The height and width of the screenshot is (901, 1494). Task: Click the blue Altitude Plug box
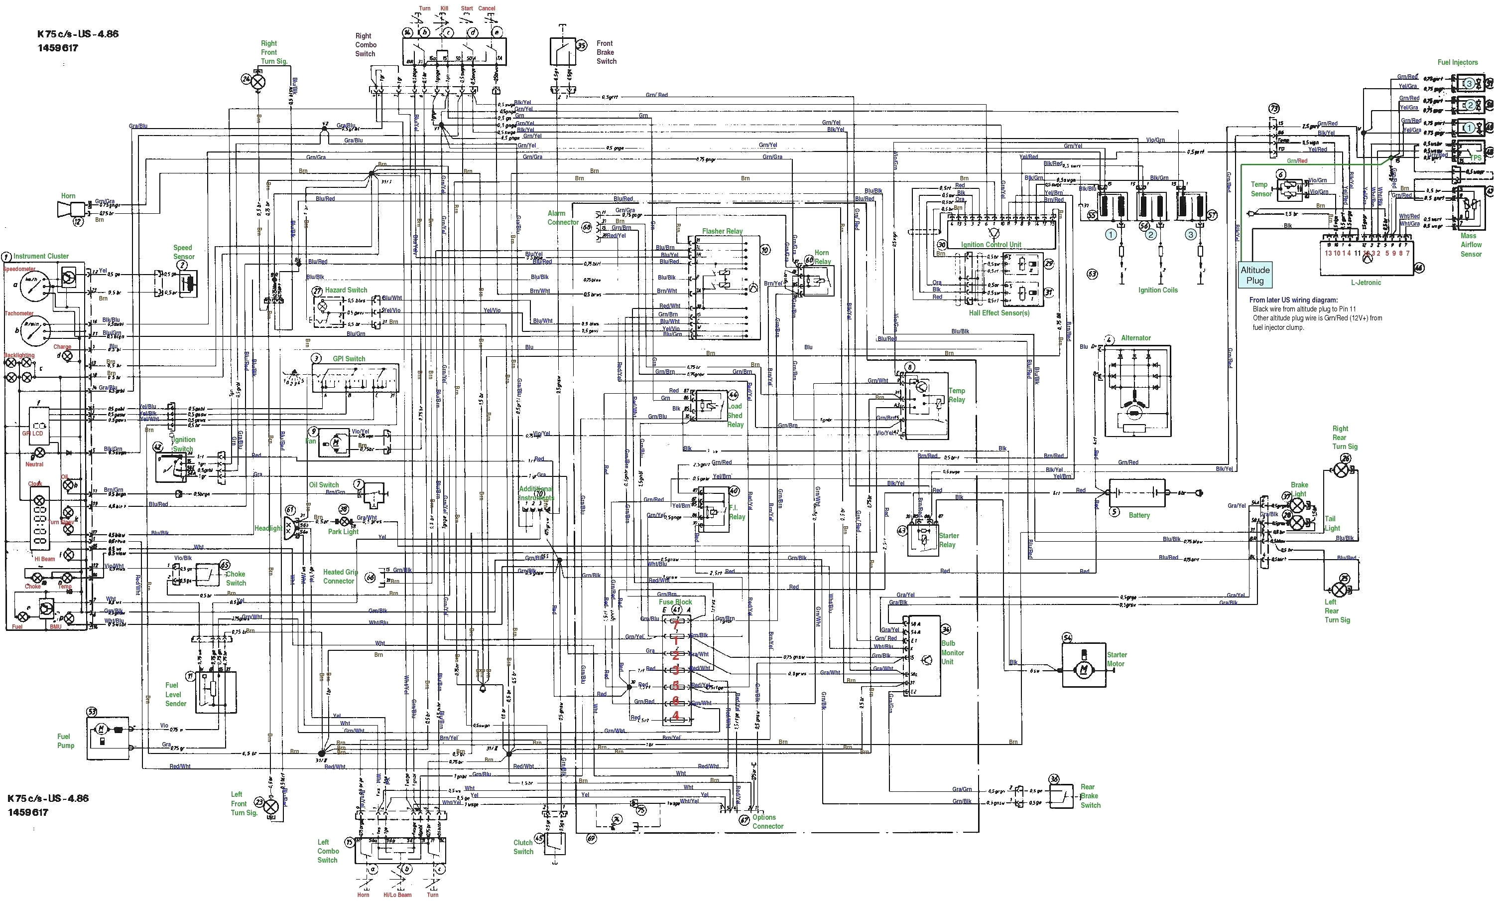point(1254,275)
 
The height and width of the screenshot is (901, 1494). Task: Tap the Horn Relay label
point(822,257)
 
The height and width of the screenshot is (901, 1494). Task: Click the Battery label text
point(1139,515)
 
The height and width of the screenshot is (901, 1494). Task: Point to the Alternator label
point(1135,338)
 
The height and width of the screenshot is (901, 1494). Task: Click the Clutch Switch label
point(523,847)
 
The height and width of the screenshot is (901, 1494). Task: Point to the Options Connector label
point(767,822)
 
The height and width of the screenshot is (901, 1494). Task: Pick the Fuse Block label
point(675,602)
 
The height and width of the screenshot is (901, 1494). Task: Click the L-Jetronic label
point(1366,282)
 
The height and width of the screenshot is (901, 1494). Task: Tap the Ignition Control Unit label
point(991,245)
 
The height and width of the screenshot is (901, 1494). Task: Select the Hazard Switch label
point(346,290)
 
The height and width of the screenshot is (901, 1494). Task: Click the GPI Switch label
point(349,359)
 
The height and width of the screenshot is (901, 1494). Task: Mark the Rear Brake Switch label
point(1090,796)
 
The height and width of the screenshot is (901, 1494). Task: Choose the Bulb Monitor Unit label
point(952,652)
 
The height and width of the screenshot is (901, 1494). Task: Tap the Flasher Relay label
point(722,231)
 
